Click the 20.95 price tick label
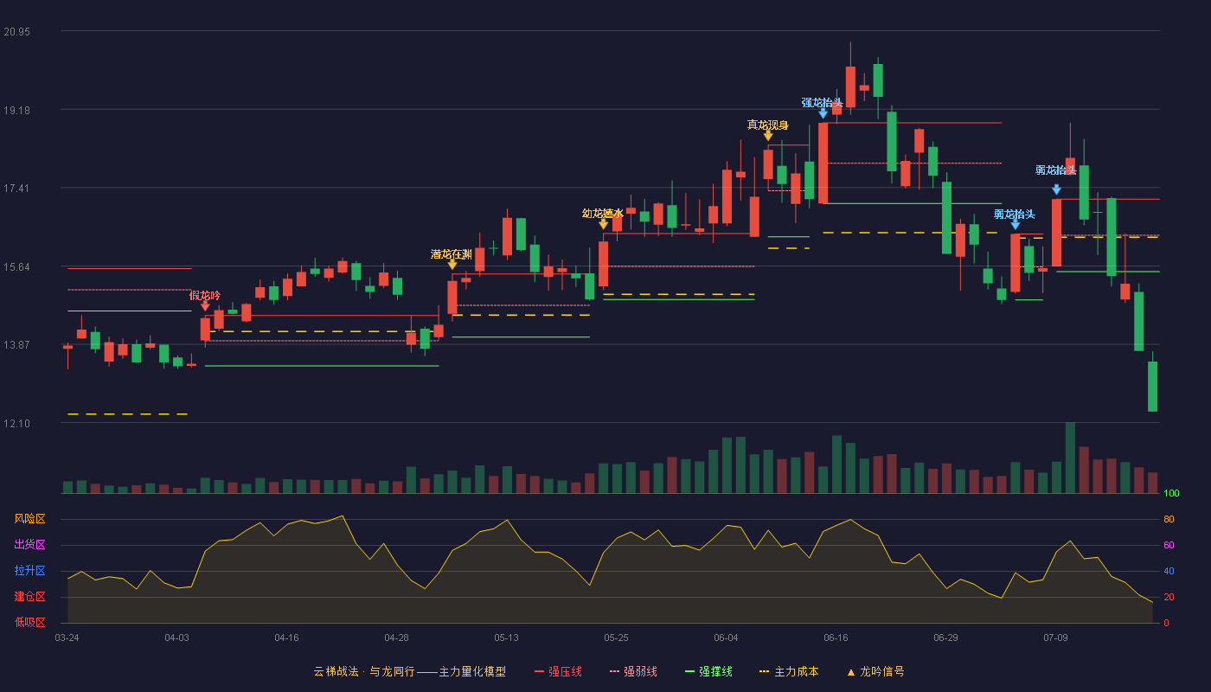pos(16,32)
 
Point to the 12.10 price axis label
pos(16,423)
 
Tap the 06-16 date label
pos(836,638)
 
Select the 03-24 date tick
pos(67,638)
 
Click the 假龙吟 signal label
pos(205,295)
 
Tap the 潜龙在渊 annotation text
pos(452,254)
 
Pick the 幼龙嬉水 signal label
pos(603,214)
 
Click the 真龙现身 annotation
pos(768,125)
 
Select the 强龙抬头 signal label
pos(823,103)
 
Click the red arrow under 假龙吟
pos(205,306)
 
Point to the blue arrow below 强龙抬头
pos(823,113)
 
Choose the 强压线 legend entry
pos(559,671)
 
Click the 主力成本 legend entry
pos(789,671)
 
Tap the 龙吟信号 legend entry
pos(875,671)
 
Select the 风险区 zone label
pos(29,518)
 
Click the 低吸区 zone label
pos(29,622)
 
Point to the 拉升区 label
pos(29,570)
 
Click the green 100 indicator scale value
pos(1171,493)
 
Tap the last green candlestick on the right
pos(1152,386)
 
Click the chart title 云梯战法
pos(336,671)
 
